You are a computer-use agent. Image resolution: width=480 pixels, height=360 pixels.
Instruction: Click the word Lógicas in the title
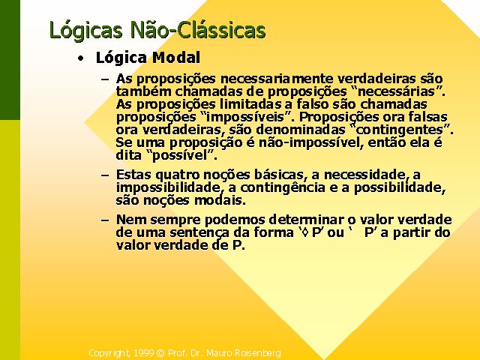pos(86,31)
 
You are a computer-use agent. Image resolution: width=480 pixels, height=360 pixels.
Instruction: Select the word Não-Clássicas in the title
pos(198,30)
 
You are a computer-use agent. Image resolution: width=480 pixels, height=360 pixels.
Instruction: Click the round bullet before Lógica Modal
pos(80,58)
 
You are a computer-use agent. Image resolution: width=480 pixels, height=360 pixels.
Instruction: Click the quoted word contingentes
pos(400,130)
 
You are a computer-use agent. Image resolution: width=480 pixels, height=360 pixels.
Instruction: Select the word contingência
pos(283,187)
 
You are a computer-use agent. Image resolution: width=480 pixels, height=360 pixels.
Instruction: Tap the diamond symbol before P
pos(305,233)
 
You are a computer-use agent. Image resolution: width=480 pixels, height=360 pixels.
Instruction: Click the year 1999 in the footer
pos(143,353)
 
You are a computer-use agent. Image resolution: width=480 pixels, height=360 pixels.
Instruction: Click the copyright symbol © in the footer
pos(160,353)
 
